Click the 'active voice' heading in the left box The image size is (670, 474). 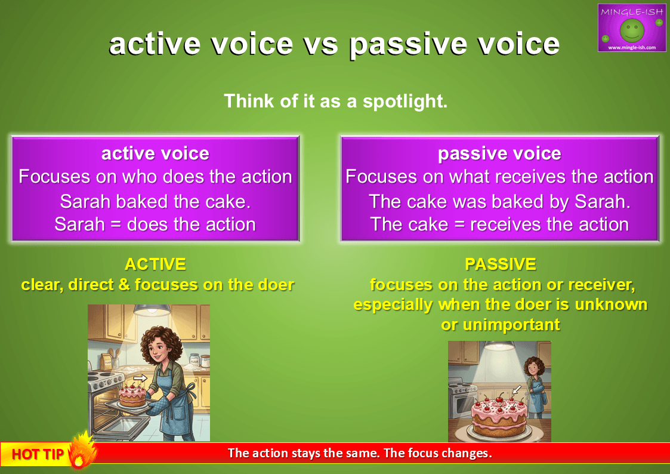155,153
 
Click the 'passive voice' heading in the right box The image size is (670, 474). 499,153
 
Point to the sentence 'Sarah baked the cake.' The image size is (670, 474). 155,201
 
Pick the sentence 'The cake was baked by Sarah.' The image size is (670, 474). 499,202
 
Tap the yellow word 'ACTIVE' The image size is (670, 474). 155,264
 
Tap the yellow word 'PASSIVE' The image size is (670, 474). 501,264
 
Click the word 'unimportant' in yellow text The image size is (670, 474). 511,325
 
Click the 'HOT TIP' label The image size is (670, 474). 38,454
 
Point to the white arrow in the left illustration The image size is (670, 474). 140,378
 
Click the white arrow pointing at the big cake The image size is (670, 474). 517,389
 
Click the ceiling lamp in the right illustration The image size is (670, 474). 499,345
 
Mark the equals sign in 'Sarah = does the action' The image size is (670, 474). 116,225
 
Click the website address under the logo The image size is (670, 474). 632,47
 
